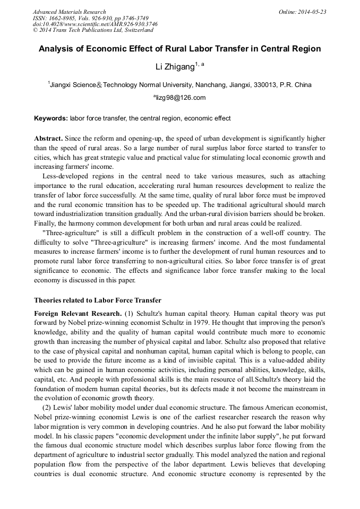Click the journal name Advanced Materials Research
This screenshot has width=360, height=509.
tap(69, 12)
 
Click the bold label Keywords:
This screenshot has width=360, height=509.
tap(51, 118)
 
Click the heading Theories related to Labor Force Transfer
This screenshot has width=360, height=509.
tap(98, 300)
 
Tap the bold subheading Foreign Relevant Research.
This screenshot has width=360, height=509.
tap(78, 313)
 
